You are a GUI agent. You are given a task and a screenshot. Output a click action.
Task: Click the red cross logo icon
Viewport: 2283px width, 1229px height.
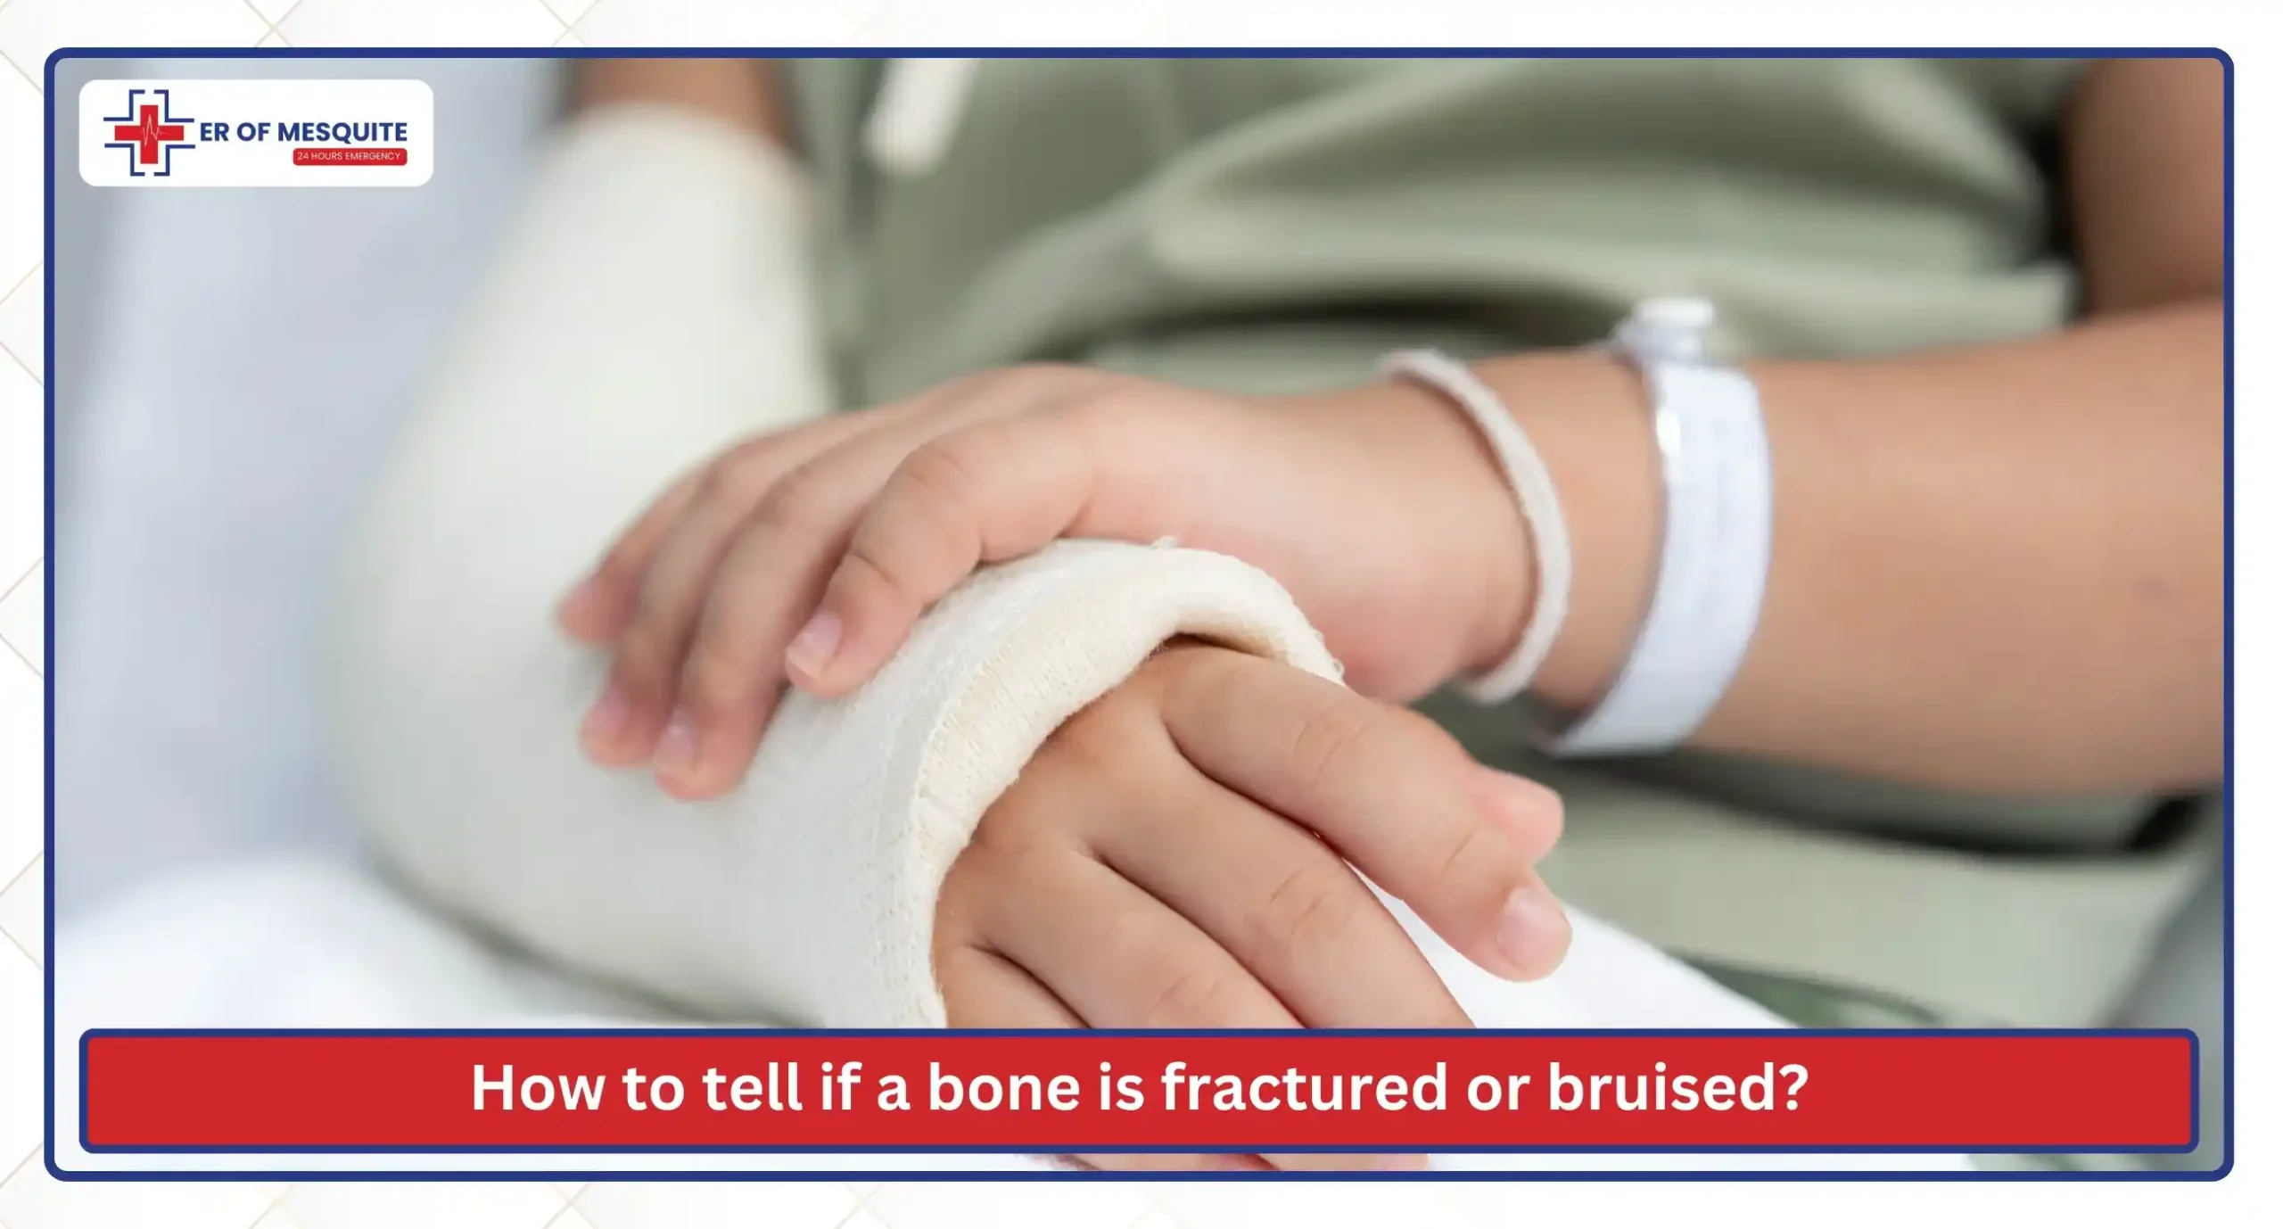pyautogui.click(x=148, y=133)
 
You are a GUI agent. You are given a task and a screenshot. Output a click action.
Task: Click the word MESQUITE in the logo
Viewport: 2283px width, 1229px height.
pyautogui.click(x=342, y=132)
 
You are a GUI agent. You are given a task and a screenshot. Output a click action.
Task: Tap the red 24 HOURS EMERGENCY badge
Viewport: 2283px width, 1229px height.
pyautogui.click(x=350, y=156)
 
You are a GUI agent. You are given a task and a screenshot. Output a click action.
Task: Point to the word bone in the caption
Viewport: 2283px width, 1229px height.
pyautogui.click(x=1004, y=1088)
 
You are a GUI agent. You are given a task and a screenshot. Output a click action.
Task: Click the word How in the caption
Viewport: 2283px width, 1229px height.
pyautogui.click(x=537, y=1088)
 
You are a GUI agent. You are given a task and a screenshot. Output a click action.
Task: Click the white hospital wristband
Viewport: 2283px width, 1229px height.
pyautogui.click(x=1694, y=535)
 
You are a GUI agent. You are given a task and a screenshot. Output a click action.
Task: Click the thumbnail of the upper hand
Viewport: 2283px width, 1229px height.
pyautogui.click(x=813, y=642)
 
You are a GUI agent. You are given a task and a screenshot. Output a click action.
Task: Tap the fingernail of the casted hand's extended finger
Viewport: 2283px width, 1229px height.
pyautogui.click(x=1532, y=923)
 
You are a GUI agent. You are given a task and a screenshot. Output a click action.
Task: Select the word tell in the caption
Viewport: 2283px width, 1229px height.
pyautogui.click(x=751, y=1088)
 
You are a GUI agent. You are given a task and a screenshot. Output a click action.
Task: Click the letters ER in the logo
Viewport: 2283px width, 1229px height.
pyautogui.click(x=214, y=132)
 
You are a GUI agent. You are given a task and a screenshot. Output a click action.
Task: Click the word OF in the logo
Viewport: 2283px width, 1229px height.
pyautogui.click(x=253, y=132)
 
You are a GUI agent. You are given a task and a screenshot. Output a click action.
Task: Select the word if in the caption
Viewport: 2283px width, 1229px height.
pyautogui.click(x=839, y=1088)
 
